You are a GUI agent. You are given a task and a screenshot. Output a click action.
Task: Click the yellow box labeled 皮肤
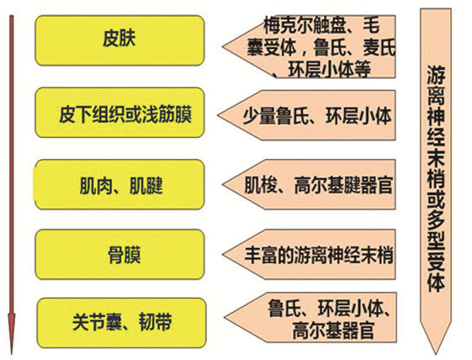(x=119, y=40)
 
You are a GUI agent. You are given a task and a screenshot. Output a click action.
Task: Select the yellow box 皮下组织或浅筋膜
(x=119, y=113)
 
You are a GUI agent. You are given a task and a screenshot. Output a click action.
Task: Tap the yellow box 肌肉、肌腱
(x=119, y=184)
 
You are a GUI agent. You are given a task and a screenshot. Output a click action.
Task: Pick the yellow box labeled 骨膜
(x=119, y=254)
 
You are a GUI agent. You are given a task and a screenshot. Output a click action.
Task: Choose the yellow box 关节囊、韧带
(x=122, y=323)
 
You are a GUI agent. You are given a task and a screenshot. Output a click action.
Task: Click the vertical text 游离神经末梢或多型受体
(x=436, y=179)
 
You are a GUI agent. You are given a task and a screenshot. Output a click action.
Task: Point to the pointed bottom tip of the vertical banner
(x=436, y=353)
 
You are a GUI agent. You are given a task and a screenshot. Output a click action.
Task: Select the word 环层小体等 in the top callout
(x=329, y=69)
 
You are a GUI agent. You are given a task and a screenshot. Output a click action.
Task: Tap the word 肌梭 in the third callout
(x=260, y=185)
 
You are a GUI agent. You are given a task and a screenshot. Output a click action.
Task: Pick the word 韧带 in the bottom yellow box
(x=156, y=323)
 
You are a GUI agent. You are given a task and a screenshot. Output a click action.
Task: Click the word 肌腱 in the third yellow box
(x=146, y=185)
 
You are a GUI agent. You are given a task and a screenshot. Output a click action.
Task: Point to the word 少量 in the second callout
(x=259, y=116)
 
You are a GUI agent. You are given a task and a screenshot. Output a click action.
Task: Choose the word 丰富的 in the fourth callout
(x=268, y=255)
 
